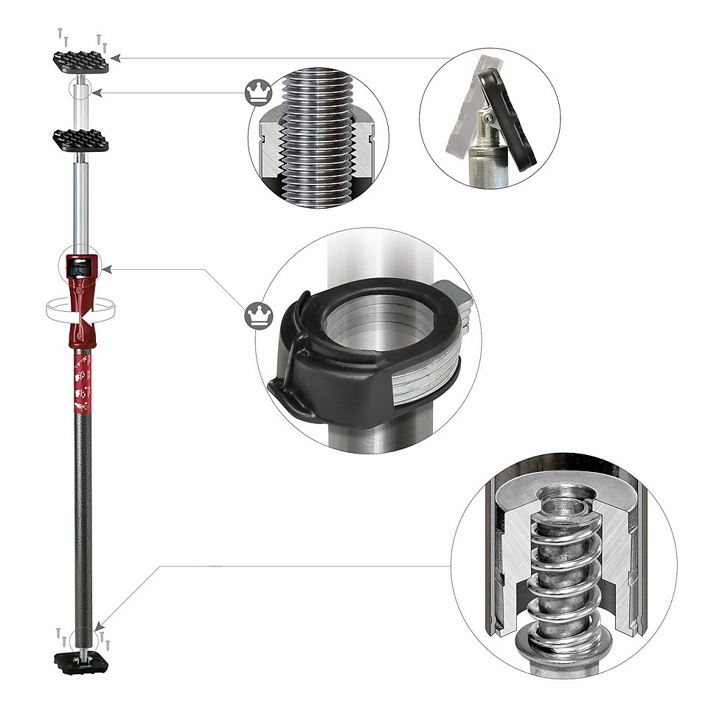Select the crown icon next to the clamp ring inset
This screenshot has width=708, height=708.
tap(255, 316)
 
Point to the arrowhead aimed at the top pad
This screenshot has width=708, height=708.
tap(116, 57)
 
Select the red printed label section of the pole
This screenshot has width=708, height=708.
tap(81, 376)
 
